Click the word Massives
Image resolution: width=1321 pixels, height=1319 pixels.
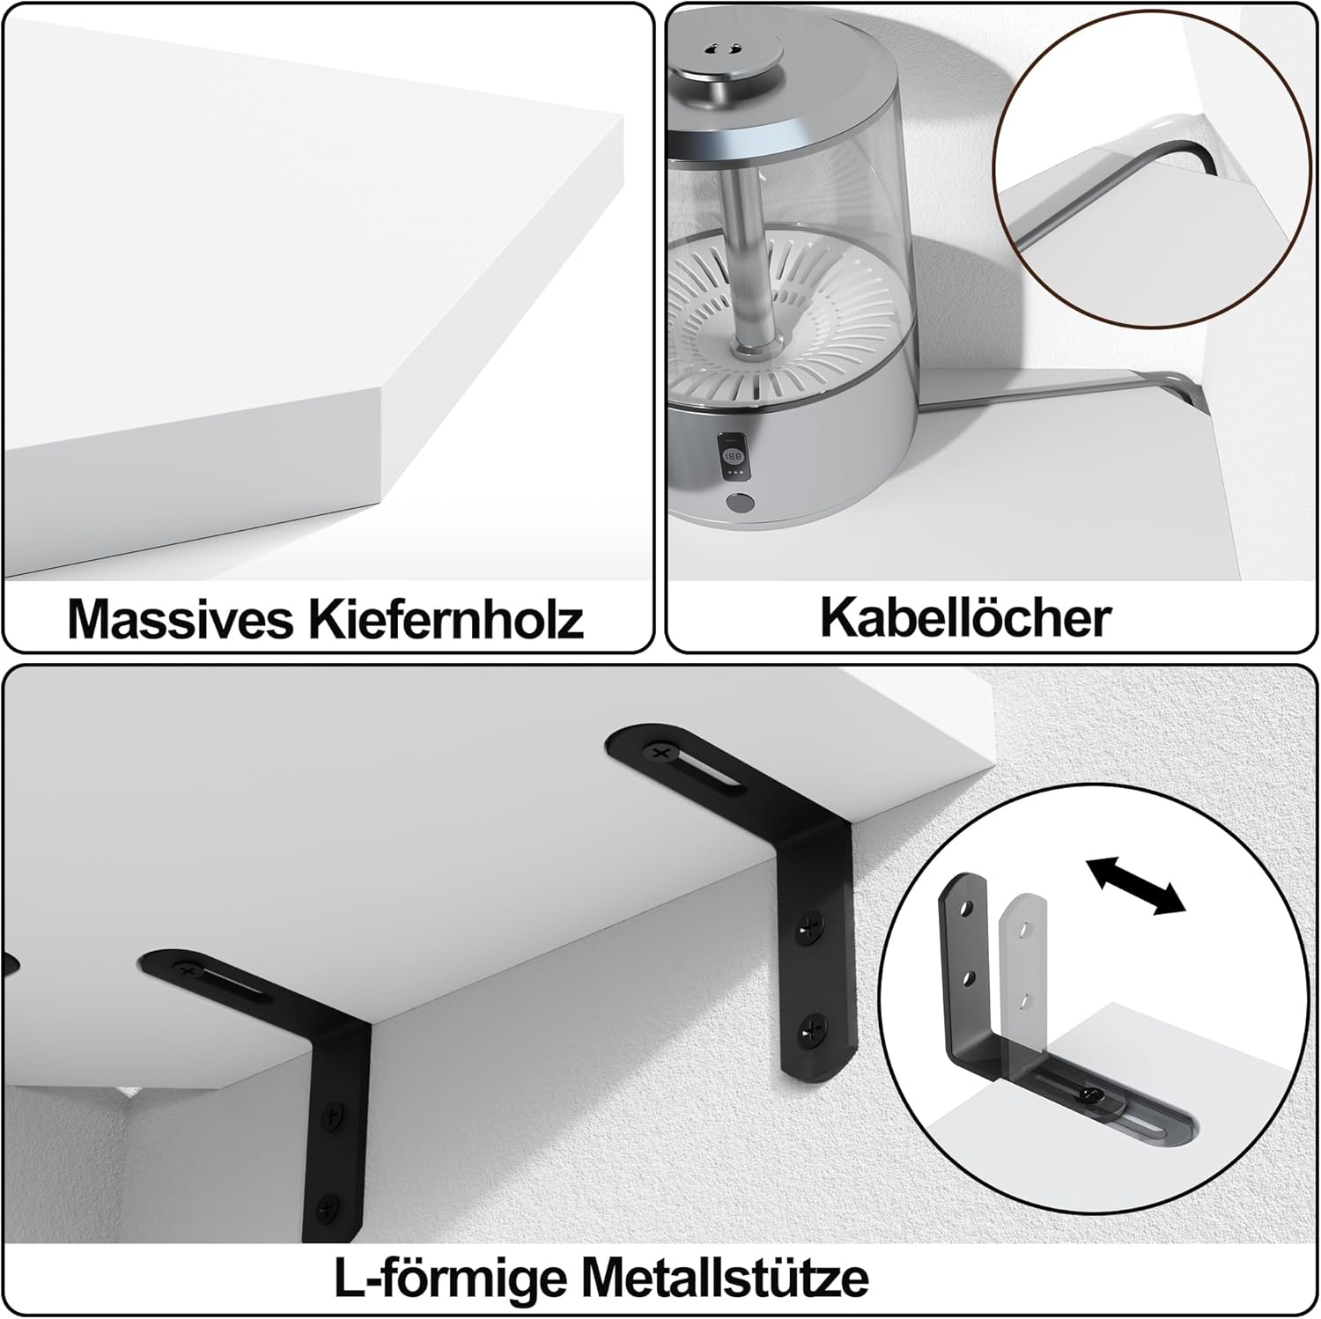click(x=181, y=619)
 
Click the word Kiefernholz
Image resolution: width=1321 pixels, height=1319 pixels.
click(x=446, y=619)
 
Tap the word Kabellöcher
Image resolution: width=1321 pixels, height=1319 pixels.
click(x=966, y=618)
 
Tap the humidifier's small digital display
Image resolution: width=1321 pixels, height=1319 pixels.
click(x=733, y=458)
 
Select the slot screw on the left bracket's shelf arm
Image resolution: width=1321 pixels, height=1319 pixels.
click(x=187, y=970)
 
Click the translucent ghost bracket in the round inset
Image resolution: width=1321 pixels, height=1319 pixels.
click(x=1027, y=977)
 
